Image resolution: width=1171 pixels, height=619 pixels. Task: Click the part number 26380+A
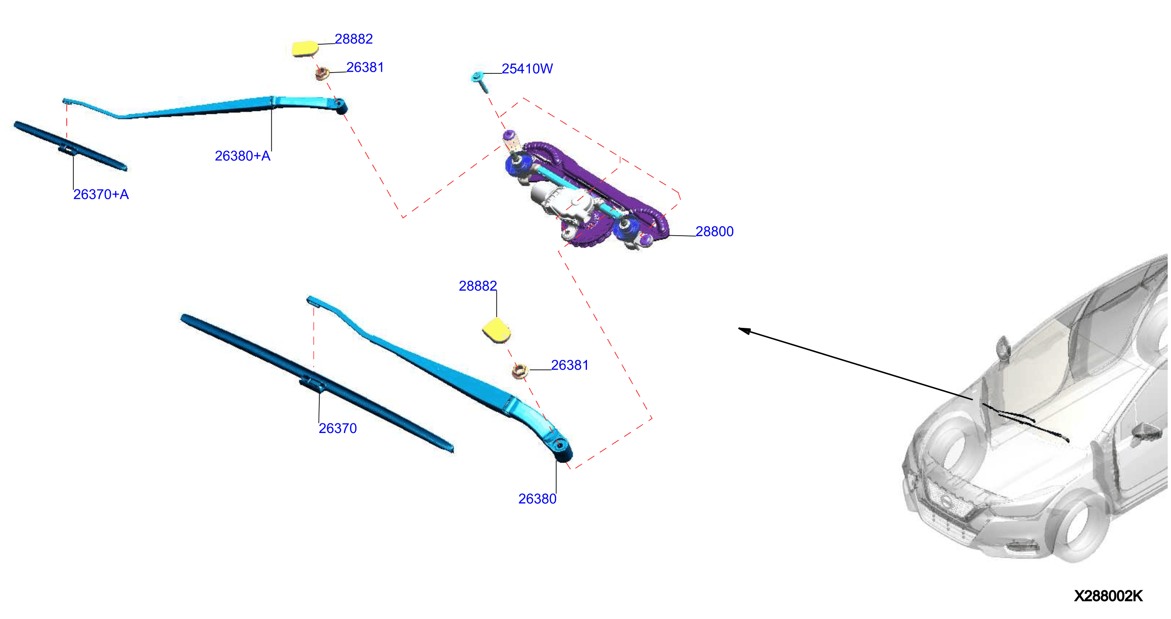242,156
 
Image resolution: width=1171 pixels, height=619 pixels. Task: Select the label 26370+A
101,195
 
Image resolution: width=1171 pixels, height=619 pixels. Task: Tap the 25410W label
527,69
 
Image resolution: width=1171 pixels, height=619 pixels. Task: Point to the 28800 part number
714,231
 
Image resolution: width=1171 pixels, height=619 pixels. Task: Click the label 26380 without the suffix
537,499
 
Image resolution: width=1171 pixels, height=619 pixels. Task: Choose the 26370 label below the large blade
337,428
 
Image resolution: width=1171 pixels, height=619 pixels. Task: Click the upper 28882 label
354,39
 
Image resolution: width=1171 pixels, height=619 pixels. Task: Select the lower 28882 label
477,286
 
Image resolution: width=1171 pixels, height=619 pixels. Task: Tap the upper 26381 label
365,67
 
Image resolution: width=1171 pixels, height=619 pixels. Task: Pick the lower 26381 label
569,365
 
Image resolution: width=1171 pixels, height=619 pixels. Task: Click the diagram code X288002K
1108,596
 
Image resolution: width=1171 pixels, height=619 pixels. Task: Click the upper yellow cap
305,48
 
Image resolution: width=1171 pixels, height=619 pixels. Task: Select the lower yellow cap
496,330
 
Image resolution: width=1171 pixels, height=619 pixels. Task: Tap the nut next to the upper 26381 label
322,73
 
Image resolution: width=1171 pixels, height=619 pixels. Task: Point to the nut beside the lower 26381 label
519,371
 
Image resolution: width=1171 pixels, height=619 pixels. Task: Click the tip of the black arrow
738,328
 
